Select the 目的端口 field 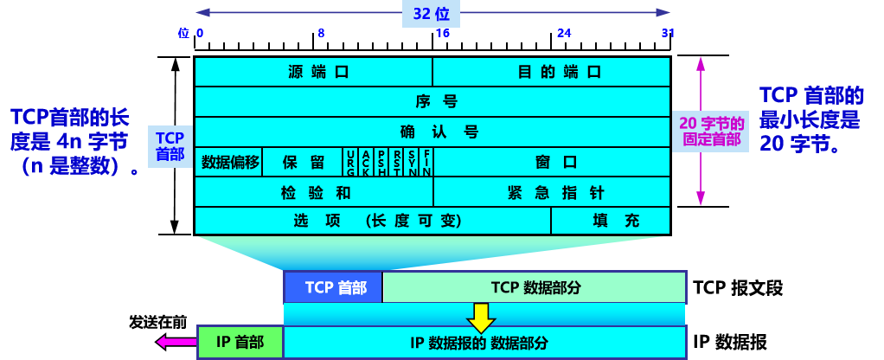(x=551, y=72)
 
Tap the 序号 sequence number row (x=432, y=101)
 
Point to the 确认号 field (x=432, y=132)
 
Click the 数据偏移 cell (x=229, y=162)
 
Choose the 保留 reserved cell (x=303, y=162)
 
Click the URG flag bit (x=350, y=162)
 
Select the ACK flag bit (x=366, y=162)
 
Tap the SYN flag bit (x=413, y=162)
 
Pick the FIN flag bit (x=426, y=162)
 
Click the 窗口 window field (x=551, y=162)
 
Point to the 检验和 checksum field (x=313, y=192)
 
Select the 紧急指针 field (x=551, y=192)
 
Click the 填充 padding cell (x=611, y=221)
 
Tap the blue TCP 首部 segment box (x=334, y=287)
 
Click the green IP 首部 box (x=240, y=342)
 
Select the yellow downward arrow (x=480, y=317)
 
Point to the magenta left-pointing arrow (x=176, y=342)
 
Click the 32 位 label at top (x=431, y=13)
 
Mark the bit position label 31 (x=667, y=34)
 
